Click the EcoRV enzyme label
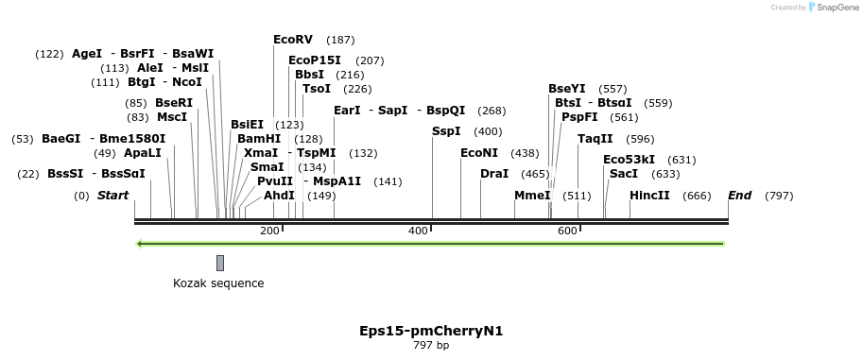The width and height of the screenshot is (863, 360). click(x=292, y=40)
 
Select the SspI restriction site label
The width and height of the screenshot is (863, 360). click(x=446, y=131)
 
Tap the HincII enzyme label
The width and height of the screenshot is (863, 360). click(x=649, y=196)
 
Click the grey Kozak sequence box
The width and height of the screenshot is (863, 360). click(x=220, y=263)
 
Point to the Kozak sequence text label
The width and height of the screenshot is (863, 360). click(x=218, y=283)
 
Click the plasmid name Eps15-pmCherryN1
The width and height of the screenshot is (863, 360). click(x=431, y=331)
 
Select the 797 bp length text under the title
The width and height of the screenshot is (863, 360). click(x=431, y=346)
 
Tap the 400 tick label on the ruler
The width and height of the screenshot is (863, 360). click(x=418, y=231)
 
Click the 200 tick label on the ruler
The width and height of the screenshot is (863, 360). click(x=269, y=231)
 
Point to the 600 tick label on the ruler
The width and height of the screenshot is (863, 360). click(x=567, y=231)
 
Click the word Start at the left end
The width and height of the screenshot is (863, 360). click(x=112, y=196)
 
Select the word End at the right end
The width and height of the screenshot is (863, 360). click(x=739, y=196)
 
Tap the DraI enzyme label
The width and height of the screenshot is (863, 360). click(x=494, y=174)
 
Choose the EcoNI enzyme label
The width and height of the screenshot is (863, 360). click(x=479, y=153)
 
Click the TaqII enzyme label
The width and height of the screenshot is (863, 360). click(x=595, y=139)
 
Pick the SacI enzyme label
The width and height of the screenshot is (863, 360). click(x=624, y=174)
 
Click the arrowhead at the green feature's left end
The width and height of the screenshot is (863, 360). click(x=140, y=244)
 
